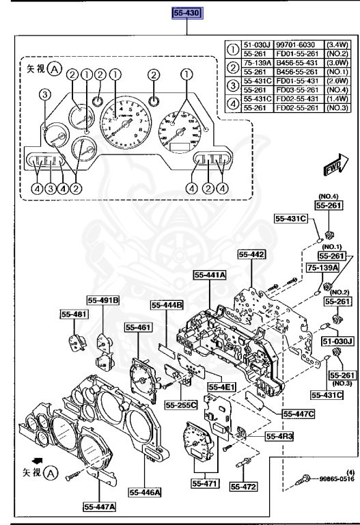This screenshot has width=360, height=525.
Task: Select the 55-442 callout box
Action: (x=251, y=254)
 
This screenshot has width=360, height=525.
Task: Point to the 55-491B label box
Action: (x=102, y=299)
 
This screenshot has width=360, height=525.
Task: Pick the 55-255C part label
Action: (x=180, y=405)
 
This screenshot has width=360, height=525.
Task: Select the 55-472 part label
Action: (x=243, y=486)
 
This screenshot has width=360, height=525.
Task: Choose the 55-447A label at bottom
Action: (x=100, y=507)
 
